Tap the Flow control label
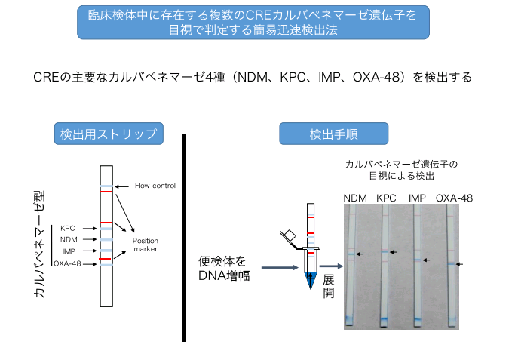tap(155, 186)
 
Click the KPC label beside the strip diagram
tap(68, 226)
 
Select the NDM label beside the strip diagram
tap(69, 238)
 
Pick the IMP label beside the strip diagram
tap(69, 251)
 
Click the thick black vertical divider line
tap(184, 237)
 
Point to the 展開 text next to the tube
tap(328, 286)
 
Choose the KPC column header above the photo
tap(386, 198)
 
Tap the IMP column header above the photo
tap(417, 198)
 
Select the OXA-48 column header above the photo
tap(455, 198)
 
